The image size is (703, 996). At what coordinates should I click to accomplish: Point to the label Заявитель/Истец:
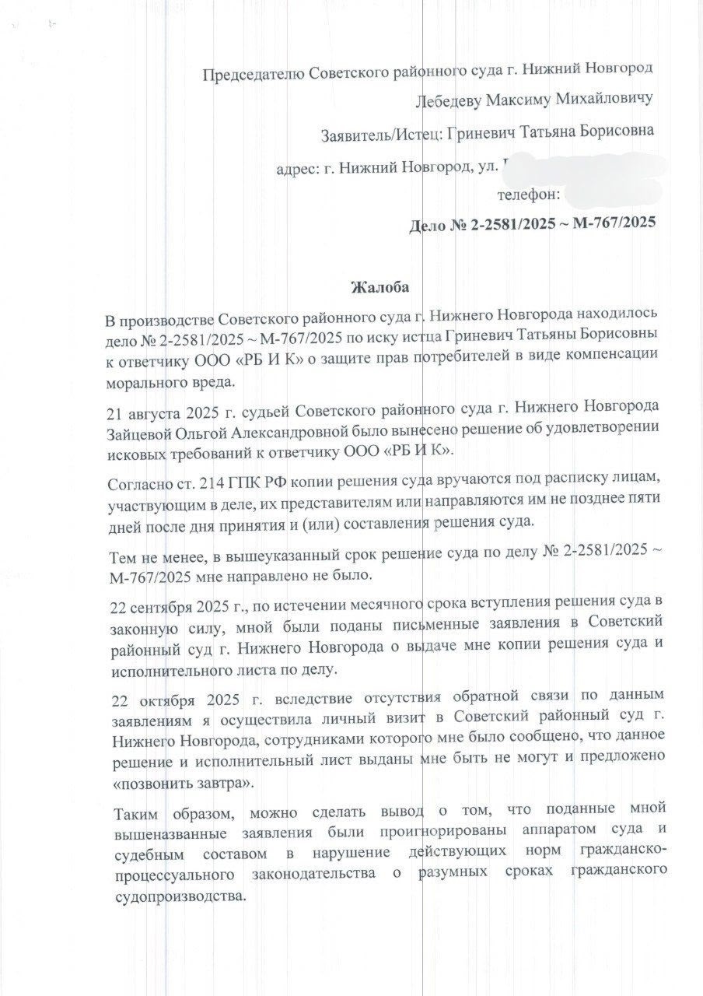[379, 134]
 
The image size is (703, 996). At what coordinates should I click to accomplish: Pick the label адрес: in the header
[299, 167]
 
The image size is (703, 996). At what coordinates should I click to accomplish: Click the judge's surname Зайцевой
[143, 430]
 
